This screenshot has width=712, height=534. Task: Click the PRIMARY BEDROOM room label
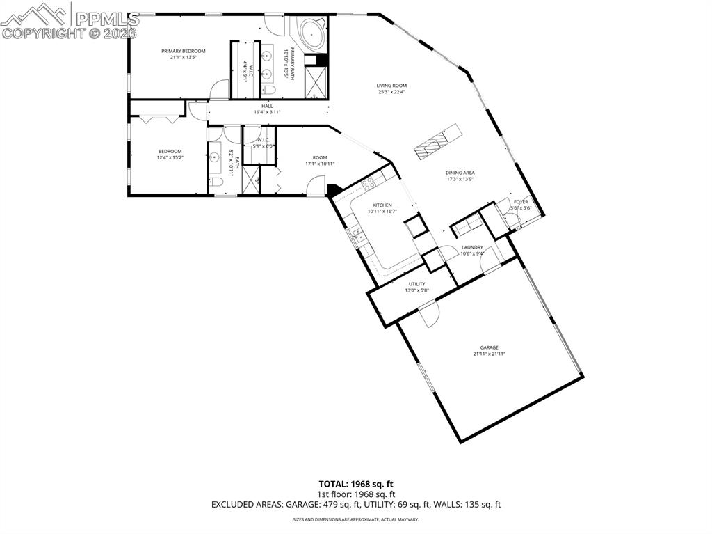[x=184, y=51]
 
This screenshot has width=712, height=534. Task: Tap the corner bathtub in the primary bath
[x=311, y=33]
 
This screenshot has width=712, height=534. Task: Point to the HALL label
[x=267, y=106]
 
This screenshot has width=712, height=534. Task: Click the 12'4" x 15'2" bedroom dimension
[x=170, y=158]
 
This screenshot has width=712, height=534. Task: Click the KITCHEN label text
[x=382, y=205]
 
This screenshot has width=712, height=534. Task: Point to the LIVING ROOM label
[x=391, y=86]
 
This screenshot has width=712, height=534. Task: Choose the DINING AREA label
[x=460, y=173]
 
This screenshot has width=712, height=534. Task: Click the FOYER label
[x=521, y=202]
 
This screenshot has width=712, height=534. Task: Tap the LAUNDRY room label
[x=472, y=247]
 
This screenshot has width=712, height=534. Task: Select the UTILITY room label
[x=416, y=284]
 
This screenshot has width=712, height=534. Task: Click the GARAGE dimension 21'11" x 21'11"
[x=489, y=354]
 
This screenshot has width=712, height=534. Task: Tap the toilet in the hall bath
[x=216, y=182]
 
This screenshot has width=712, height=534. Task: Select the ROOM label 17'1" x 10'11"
[x=320, y=158]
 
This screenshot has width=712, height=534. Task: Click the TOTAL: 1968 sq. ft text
[x=356, y=483]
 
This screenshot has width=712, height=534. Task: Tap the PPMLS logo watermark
[x=70, y=21]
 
